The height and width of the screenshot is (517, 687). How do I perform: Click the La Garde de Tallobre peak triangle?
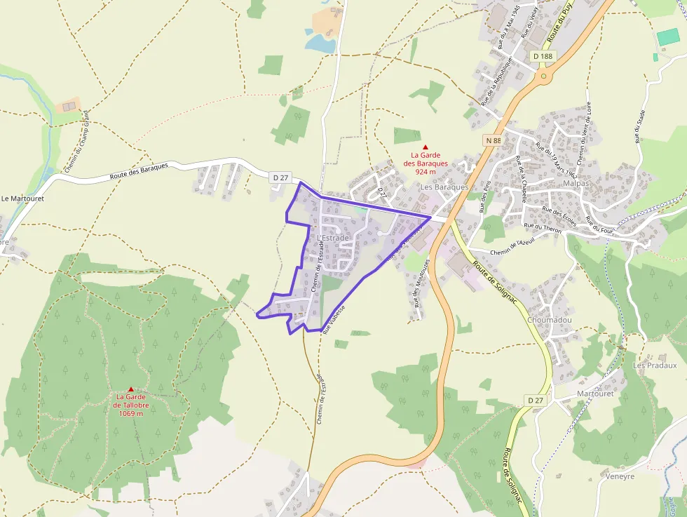(130, 389)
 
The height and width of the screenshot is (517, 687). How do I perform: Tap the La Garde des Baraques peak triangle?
(425, 146)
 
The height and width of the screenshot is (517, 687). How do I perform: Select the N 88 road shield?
(493, 140)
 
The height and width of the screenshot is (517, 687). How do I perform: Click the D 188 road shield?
(543, 55)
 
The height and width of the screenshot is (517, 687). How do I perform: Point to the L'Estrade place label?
(332, 238)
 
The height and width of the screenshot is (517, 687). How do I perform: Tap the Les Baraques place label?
(444, 187)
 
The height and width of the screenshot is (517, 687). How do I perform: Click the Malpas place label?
(576, 183)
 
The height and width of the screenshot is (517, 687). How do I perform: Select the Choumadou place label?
(550, 319)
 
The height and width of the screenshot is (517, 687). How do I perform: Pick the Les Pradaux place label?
(655, 365)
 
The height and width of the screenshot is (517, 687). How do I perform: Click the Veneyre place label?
(618, 476)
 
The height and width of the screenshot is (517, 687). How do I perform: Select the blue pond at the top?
(319, 43)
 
